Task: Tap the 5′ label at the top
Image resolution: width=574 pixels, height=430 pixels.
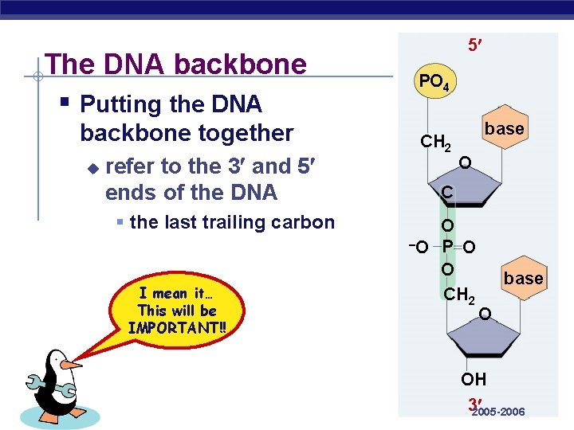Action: click(x=474, y=47)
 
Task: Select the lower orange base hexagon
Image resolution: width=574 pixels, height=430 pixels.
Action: click(x=523, y=279)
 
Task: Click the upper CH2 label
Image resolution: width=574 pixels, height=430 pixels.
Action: click(x=436, y=144)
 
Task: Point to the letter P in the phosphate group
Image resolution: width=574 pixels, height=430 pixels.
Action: click(x=448, y=247)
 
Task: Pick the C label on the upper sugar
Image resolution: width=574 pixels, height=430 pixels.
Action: click(x=448, y=193)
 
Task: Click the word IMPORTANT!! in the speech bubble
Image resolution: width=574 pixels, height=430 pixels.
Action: click(x=177, y=327)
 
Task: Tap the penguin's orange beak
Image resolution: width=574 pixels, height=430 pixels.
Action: click(x=71, y=365)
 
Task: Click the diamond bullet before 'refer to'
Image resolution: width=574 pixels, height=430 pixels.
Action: click(x=92, y=168)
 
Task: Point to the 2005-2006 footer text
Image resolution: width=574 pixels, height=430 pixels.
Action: click(x=498, y=412)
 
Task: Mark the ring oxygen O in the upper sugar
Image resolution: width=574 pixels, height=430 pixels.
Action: click(x=464, y=163)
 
